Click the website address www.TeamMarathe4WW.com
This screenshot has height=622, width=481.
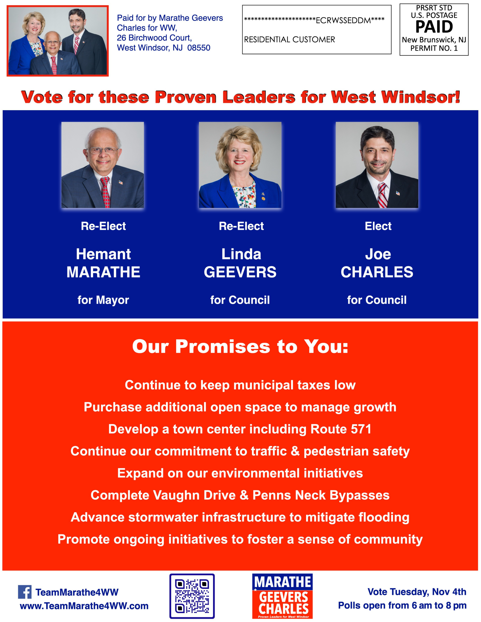[84, 606]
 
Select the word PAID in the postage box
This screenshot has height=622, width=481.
[434, 27]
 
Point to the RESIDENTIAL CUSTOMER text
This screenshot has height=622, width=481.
[289, 40]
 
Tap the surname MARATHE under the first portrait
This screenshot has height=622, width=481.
[103, 272]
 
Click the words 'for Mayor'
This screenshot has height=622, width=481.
[103, 300]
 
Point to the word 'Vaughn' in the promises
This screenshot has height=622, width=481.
[173, 495]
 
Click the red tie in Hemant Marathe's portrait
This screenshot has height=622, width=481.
[105, 192]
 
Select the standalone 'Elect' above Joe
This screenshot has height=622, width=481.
[378, 226]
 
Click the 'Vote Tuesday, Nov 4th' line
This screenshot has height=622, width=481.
[417, 592]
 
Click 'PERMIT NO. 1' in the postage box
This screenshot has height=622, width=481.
[434, 48]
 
